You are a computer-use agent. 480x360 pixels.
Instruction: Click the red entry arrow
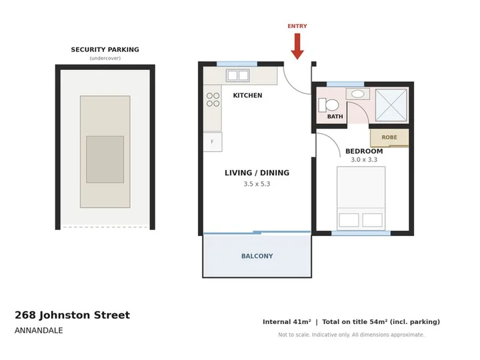(x=297, y=46)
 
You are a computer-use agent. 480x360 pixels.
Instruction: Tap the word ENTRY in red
(x=297, y=26)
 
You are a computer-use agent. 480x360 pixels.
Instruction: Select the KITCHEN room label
(x=247, y=95)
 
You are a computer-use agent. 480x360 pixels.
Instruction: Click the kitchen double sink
(x=237, y=75)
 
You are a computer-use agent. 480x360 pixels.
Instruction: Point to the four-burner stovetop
(x=213, y=99)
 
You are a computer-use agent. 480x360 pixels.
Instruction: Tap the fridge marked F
(x=213, y=142)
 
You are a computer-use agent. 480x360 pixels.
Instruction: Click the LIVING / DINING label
(x=257, y=173)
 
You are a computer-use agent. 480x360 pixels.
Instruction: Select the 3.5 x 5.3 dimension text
(x=257, y=184)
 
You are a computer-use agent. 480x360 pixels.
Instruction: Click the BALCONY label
(x=257, y=256)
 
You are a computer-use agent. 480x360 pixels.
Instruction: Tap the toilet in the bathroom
(x=329, y=105)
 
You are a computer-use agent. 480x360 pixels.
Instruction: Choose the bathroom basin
(x=357, y=94)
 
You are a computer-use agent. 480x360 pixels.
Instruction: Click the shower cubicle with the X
(x=391, y=105)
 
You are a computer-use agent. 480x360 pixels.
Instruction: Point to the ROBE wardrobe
(x=389, y=137)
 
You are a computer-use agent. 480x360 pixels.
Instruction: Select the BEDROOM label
(x=364, y=151)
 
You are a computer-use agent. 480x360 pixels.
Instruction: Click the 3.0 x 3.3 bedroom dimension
(x=364, y=160)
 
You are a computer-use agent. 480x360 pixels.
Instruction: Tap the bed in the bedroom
(x=361, y=199)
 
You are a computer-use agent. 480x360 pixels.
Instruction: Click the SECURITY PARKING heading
(x=105, y=49)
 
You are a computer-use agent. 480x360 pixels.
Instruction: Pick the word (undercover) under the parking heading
(x=105, y=58)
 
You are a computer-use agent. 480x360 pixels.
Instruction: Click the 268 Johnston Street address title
(x=72, y=315)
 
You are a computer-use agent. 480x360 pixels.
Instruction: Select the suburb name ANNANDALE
(x=39, y=331)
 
